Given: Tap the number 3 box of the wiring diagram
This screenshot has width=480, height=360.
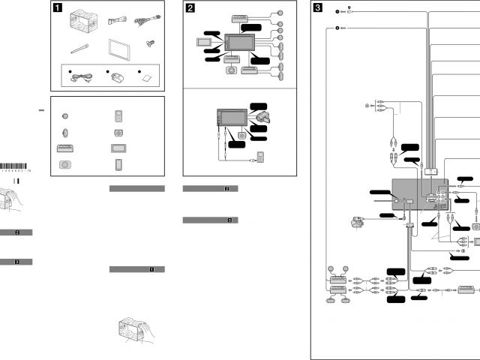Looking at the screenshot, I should (x=319, y=10).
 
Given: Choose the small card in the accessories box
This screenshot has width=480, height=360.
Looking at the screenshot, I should (x=144, y=78).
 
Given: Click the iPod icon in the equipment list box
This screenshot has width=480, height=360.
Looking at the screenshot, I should (x=117, y=115).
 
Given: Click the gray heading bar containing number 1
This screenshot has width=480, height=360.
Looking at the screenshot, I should (x=136, y=269).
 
